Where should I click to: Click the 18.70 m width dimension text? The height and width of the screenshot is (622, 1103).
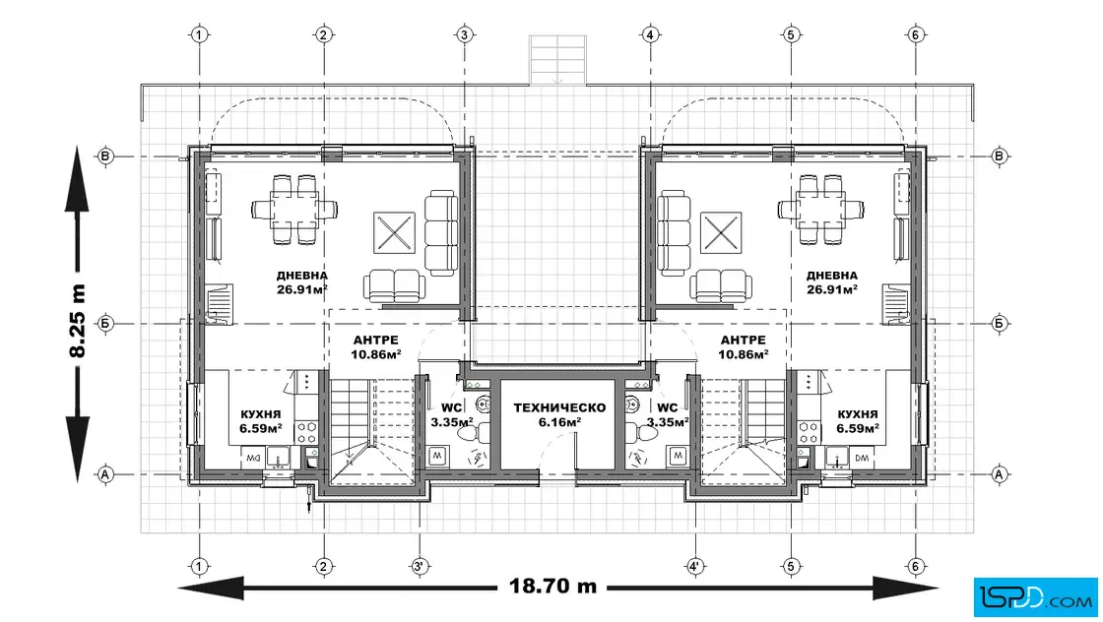(552, 586)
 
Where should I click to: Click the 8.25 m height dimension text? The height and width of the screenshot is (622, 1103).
(77, 321)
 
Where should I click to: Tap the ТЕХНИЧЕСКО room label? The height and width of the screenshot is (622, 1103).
(559, 407)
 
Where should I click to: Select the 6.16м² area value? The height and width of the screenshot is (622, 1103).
(559, 422)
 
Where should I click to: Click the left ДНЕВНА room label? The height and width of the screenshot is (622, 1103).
(301, 276)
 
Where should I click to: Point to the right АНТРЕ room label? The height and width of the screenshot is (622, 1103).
(743, 341)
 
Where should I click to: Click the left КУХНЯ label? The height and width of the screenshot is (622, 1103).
(260, 414)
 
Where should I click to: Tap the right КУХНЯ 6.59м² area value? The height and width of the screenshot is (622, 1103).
(857, 428)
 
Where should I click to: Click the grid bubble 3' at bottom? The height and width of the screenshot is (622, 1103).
(420, 566)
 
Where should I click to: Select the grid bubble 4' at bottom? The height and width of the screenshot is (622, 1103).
(695, 566)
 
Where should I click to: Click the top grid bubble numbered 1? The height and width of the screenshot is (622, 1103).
(200, 34)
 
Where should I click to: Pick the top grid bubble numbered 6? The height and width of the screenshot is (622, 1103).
(915, 34)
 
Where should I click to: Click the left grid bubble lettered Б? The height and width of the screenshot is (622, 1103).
(105, 324)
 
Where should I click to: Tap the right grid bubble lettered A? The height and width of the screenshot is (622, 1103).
(999, 474)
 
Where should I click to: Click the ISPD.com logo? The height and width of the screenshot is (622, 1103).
(1035, 597)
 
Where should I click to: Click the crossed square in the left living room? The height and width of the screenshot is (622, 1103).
(394, 232)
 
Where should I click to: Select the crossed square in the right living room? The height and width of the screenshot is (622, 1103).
(720, 232)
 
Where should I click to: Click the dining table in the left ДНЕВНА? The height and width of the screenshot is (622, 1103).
(294, 210)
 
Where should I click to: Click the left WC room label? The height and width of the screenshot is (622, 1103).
(452, 407)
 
